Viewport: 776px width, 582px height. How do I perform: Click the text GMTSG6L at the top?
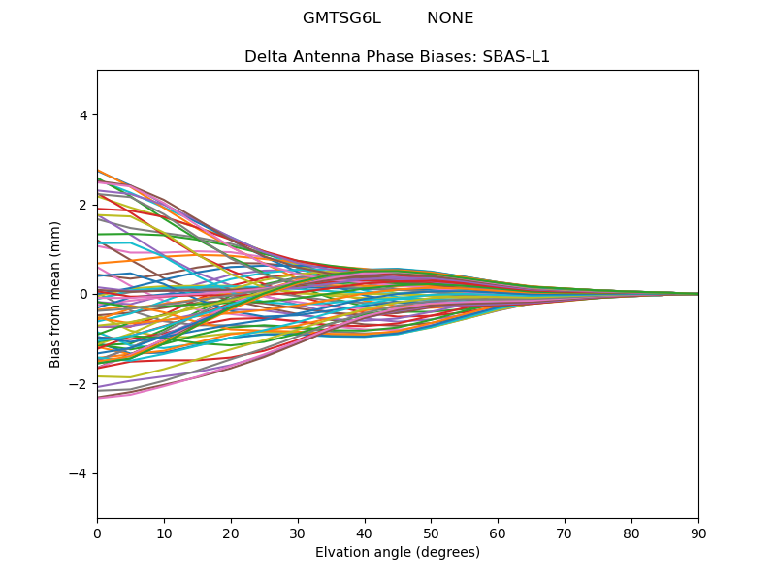(x=342, y=18)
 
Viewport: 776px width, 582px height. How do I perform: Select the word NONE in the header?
(x=450, y=18)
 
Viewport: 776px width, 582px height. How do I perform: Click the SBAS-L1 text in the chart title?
(x=516, y=57)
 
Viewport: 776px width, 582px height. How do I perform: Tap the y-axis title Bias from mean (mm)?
(x=54, y=295)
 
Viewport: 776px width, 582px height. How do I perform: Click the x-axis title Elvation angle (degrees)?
(x=398, y=552)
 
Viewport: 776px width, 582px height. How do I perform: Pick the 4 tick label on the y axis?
(x=83, y=115)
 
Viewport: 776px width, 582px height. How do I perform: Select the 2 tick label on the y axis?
(x=83, y=205)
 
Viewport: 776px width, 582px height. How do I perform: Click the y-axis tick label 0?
(x=83, y=295)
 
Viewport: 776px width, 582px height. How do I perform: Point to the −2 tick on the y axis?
(x=79, y=384)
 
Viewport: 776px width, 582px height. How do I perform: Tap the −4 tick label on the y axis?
(x=79, y=473)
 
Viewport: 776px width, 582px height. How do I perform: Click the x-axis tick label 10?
(x=164, y=534)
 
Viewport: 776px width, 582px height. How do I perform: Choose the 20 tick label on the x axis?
(x=231, y=534)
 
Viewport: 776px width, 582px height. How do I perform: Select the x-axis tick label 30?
(x=298, y=534)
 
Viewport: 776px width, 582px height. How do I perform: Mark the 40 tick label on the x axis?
(x=365, y=534)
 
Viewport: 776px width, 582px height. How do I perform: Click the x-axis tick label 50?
(x=432, y=534)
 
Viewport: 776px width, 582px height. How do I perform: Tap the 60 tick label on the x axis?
(x=499, y=534)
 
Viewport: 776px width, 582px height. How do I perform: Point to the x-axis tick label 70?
(x=566, y=534)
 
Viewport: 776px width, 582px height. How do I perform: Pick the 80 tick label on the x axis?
(x=632, y=534)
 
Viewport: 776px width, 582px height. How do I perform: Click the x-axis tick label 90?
(x=698, y=534)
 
